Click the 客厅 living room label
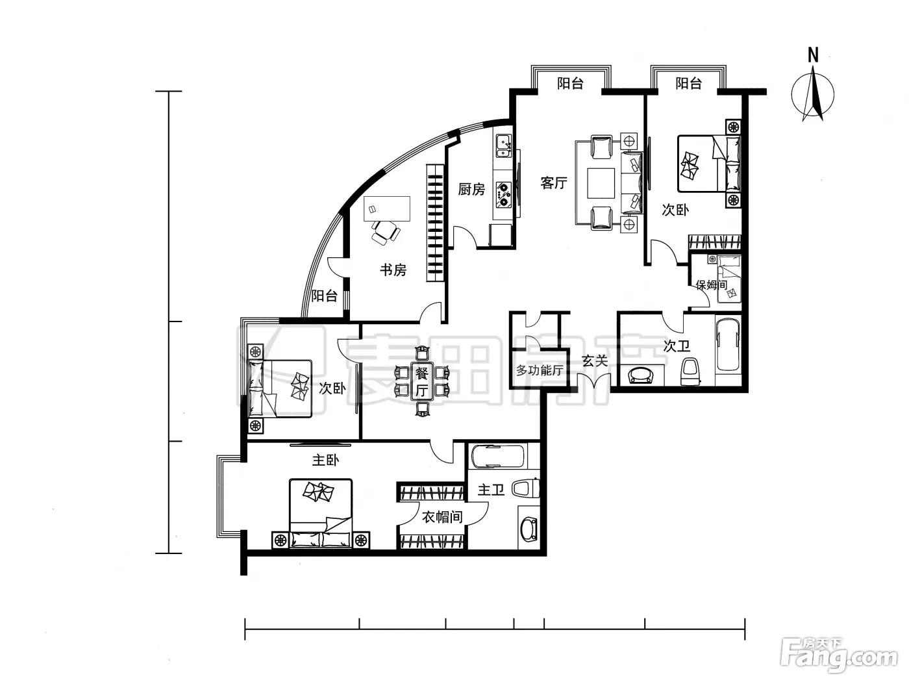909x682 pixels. tap(554, 183)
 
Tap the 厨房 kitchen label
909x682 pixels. tap(471, 189)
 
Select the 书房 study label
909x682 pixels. tap(393, 270)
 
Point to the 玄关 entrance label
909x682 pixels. tap(595, 361)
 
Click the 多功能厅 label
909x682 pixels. tap(539, 370)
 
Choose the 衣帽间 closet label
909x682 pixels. tap(442, 517)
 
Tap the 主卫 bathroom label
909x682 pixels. tap(491, 490)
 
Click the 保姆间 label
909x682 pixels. tap(711, 284)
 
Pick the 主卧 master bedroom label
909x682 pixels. tap(325, 460)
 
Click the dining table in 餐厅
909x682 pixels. tap(422, 381)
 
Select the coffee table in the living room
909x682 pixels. tap(601, 183)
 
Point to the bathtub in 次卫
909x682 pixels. tap(728, 344)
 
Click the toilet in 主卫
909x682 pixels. tap(525, 488)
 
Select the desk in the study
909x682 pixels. tap(387, 208)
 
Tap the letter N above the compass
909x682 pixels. tap(814, 55)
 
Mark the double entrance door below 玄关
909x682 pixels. tap(594, 381)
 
